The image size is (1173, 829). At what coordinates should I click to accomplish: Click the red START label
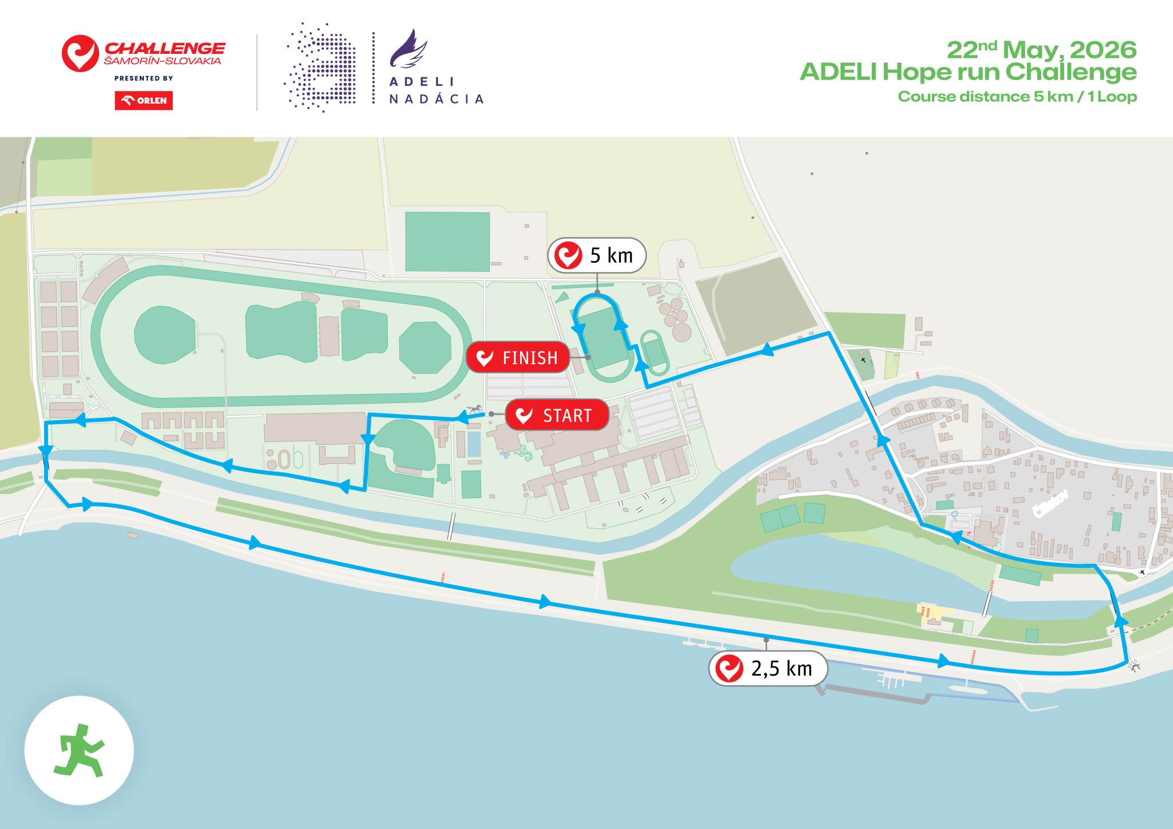click(557, 415)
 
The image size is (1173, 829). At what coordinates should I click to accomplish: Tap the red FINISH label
click(518, 358)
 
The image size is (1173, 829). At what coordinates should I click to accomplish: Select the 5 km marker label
click(597, 255)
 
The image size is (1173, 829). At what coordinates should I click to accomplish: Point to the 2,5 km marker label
click(767, 668)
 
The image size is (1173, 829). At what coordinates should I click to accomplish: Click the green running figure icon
click(79, 750)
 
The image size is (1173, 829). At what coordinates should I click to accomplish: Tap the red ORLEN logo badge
click(144, 100)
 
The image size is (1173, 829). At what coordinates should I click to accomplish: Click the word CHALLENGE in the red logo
click(165, 48)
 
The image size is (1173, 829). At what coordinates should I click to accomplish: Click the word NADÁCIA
click(436, 99)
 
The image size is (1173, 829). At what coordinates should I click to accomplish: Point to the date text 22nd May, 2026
click(1041, 50)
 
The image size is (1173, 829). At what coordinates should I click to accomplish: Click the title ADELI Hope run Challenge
click(968, 72)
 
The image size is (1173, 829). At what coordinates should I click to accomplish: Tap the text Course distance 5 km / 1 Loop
click(1017, 97)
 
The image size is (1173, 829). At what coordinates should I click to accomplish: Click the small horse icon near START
click(474, 409)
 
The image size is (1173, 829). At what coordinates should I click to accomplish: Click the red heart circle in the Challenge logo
click(80, 54)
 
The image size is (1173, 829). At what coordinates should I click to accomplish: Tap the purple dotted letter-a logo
click(320, 68)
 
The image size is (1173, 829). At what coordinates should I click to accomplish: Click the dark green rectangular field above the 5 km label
click(447, 242)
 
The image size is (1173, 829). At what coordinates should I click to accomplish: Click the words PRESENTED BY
click(144, 78)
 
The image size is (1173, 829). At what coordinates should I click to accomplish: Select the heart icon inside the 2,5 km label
click(729, 668)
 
